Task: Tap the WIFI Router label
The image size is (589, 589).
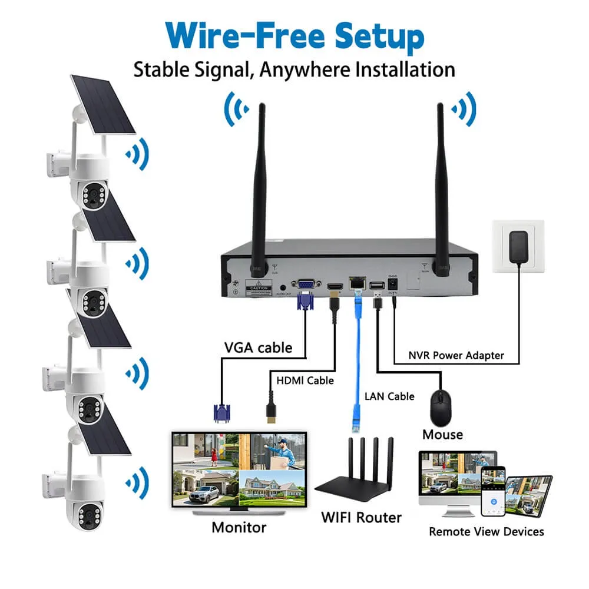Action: [x=361, y=518]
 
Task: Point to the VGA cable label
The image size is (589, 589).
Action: [x=257, y=348]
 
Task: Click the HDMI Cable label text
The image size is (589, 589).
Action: [x=305, y=380]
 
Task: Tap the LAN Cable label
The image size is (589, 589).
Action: [x=389, y=396]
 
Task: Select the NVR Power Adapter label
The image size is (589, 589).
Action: [x=456, y=355]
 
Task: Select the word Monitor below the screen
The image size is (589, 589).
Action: [x=239, y=527]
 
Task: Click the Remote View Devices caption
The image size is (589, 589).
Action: [x=486, y=532]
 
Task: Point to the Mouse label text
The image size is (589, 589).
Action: [x=442, y=435]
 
